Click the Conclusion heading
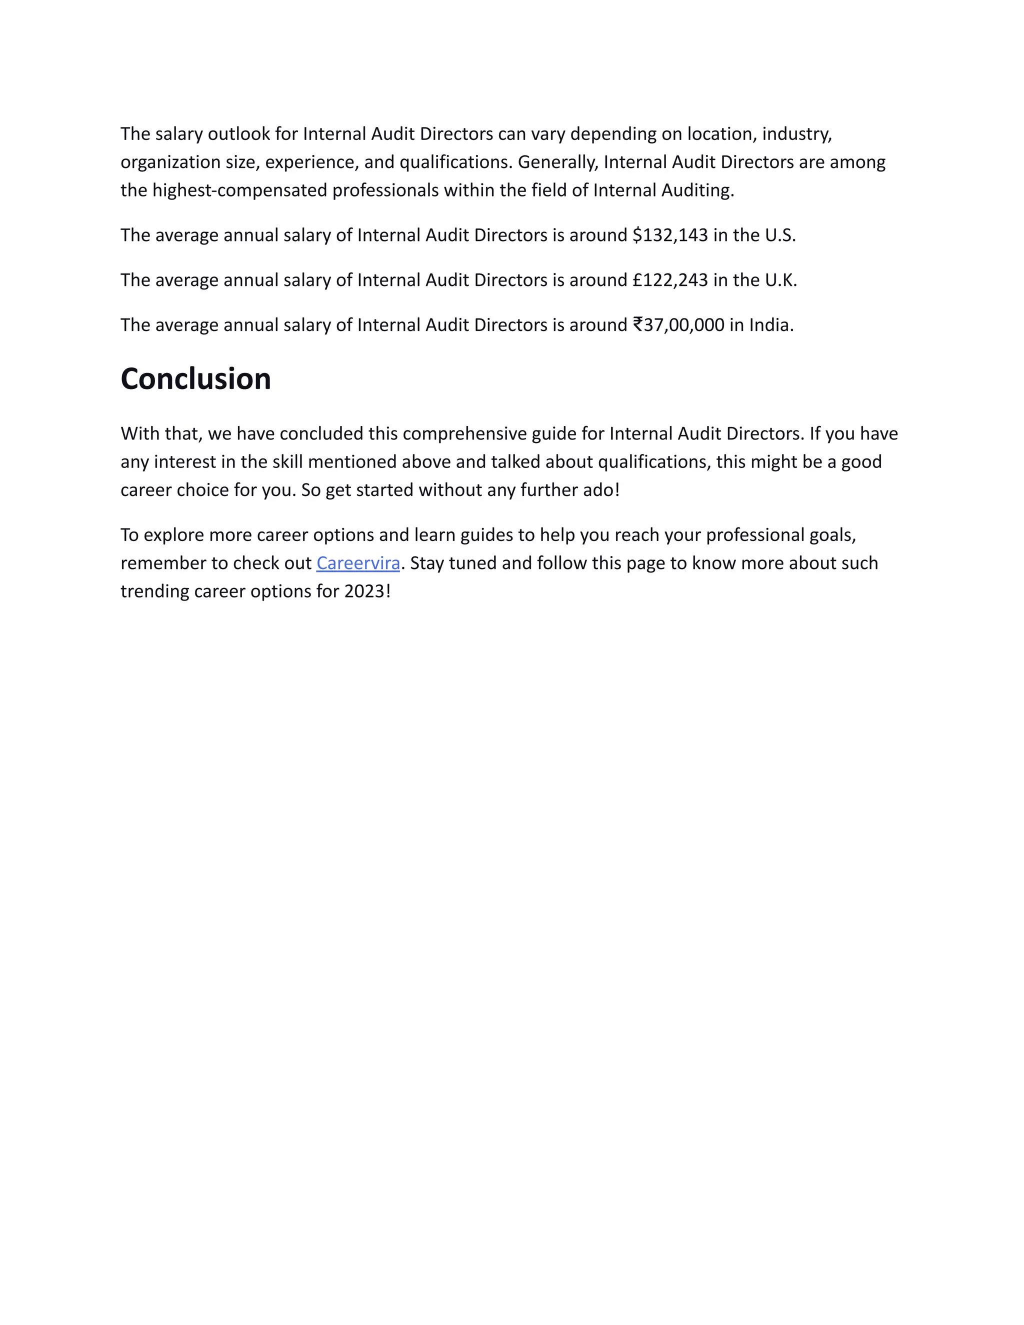(x=195, y=379)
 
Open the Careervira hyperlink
(x=358, y=563)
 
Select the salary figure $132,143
(x=669, y=235)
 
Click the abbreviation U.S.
(x=779, y=235)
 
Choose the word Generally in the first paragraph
(x=557, y=162)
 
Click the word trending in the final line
(x=154, y=591)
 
